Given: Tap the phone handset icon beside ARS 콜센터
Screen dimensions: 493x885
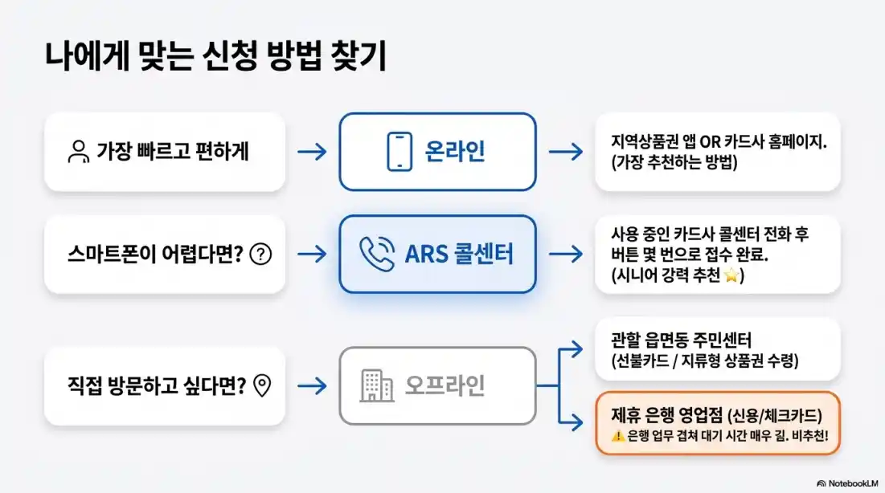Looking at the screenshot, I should point(376,254).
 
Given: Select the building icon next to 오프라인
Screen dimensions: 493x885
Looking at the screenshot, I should point(376,385).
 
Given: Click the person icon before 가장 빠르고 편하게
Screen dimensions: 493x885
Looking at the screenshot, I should point(78,152).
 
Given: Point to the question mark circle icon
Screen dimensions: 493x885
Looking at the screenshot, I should point(261,255).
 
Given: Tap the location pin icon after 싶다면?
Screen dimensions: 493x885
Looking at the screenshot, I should point(261,386).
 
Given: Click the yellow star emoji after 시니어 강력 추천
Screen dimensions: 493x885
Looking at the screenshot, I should point(731,276).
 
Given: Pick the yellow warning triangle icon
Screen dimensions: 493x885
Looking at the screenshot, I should point(617,436).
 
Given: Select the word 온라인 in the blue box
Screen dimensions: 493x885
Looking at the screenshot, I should point(455,152).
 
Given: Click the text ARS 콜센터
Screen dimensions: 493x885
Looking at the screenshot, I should point(459,254).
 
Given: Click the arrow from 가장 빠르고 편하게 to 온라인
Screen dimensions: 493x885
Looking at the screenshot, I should point(312,152).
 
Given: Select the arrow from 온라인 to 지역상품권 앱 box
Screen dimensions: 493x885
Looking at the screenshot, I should point(566,152).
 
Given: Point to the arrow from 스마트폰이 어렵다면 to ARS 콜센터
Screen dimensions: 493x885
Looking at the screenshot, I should point(312,255).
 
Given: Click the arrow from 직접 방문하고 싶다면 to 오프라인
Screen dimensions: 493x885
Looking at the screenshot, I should point(312,386).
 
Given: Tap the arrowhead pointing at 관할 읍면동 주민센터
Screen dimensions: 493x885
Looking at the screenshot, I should point(578,348).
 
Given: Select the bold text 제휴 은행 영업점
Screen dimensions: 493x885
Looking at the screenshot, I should point(662,415).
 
